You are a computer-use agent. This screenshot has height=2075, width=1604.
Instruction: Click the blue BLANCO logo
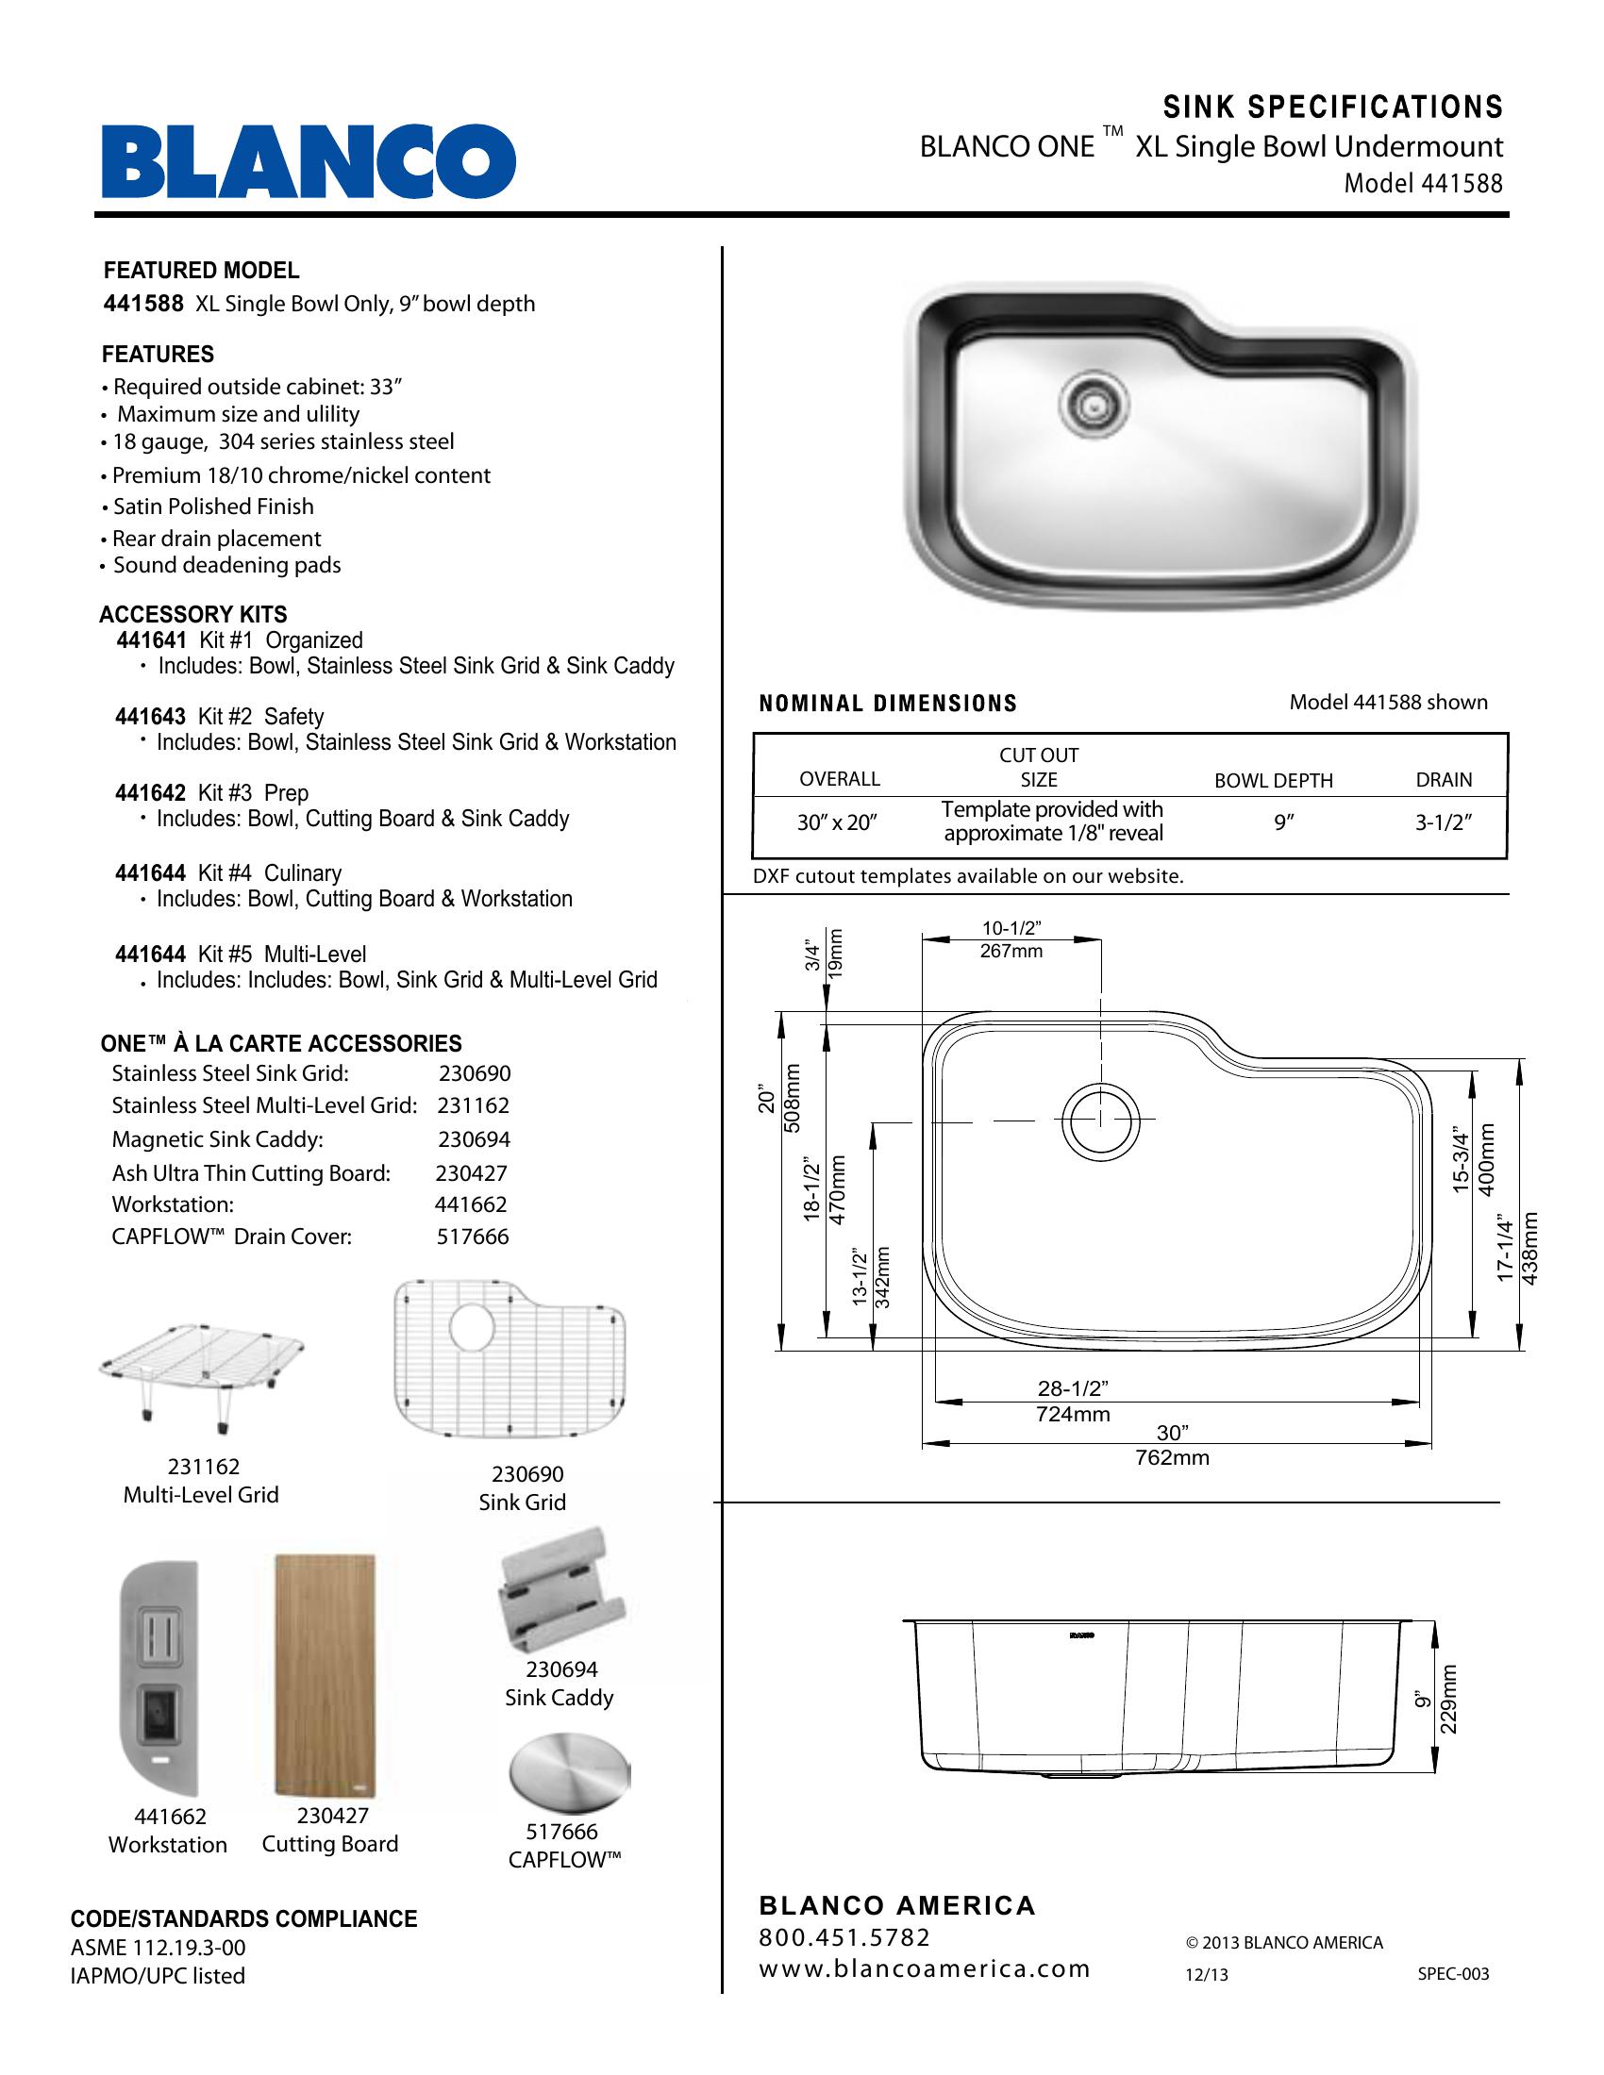pos(309,160)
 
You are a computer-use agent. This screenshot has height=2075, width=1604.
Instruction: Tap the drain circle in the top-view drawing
pos(1100,1121)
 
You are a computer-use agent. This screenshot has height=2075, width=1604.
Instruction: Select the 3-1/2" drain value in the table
pos(1443,822)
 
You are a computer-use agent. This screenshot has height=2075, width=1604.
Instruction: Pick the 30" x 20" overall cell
pos(837,822)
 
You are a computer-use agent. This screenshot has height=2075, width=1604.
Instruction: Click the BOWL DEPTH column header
pos(1274,781)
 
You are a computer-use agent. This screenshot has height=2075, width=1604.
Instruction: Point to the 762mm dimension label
pos(1172,1457)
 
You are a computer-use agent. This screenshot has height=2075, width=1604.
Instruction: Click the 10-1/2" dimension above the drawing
pos(1012,927)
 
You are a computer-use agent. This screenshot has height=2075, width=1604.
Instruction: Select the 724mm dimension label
pos(1073,1415)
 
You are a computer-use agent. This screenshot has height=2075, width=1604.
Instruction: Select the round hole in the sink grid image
pos(473,1326)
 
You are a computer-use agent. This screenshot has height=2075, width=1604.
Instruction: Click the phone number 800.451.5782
pos(844,1937)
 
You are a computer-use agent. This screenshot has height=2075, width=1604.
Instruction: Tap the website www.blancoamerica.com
pos(924,1968)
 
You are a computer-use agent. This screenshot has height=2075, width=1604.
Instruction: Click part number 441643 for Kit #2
pos(150,717)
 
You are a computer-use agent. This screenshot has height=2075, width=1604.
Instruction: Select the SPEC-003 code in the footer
pos(1453,1974)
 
